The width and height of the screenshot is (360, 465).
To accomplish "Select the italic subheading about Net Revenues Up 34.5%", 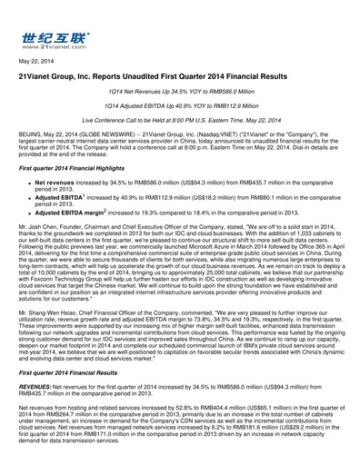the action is click(x=180, y=94).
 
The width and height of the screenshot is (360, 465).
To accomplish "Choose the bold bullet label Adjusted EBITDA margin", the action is click(x=71, y=211).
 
